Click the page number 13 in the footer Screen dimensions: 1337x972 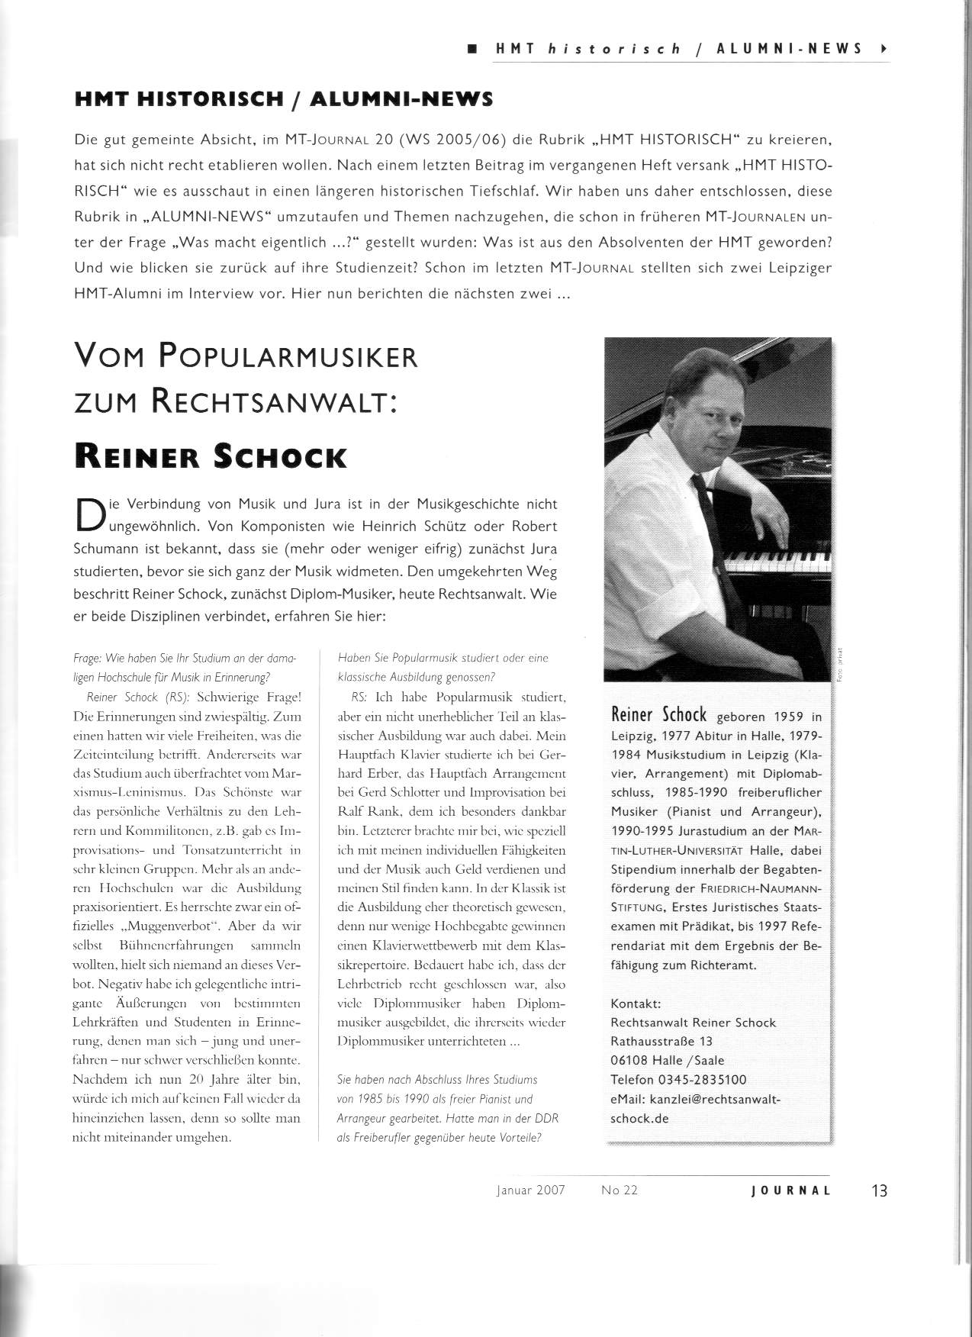click(879, 1190)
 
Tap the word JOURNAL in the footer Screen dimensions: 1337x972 click(790, 1190)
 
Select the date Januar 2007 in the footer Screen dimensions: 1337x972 click(530, 1190)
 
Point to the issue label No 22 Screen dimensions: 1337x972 click(619, 1190)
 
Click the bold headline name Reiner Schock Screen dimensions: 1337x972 click(211, 456)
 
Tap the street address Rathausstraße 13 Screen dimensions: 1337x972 click(661, 1041)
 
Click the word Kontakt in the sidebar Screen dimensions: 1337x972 click(636, 1004)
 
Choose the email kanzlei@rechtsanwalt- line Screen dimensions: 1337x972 click(695, 1099)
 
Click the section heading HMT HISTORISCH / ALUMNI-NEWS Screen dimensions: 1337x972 click(284, 99)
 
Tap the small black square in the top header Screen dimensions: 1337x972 click(472, 49)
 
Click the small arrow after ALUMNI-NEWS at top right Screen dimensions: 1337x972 click(883, 49)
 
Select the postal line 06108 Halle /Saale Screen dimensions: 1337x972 click(667, 1061)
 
